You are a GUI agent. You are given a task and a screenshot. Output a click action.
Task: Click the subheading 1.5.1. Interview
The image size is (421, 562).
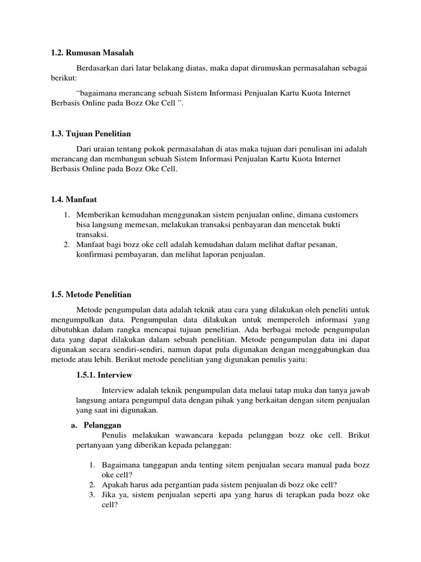coord(104,375)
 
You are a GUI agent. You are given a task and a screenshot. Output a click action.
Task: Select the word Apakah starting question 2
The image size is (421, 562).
coord(115,485)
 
